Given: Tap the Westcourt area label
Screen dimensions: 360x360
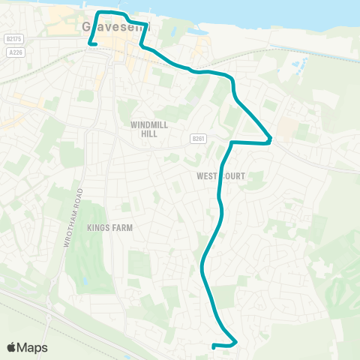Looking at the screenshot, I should click(x=220, y=176).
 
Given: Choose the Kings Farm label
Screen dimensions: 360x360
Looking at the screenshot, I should click(x=109, y=226).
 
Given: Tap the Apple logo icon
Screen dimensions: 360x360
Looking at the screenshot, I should click(x=13, y=347).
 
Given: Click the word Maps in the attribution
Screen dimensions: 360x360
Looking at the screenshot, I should click(x=33, y=347).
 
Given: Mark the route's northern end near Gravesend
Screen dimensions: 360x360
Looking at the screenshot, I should click(x=91, y=44).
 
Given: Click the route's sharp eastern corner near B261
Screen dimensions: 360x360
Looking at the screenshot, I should click(x=269, y=140).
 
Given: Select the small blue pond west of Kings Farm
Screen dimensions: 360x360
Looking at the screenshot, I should click(x=83, y=281).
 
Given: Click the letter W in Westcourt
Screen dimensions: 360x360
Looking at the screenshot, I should click(x=199, y=176).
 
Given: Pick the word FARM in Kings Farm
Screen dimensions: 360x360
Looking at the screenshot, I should click(x=120, y=226).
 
